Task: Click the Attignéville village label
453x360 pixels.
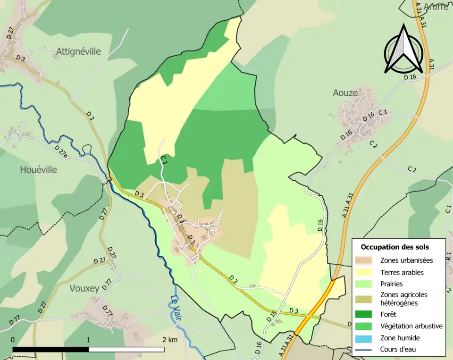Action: click(78, 51)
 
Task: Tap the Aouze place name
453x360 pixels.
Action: click(345, 93)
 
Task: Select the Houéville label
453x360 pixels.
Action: click(38, 169)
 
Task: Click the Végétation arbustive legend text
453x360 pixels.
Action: click(411, 326)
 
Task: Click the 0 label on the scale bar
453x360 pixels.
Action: click(13, 340)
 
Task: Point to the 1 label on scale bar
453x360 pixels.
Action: click(89, 340)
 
